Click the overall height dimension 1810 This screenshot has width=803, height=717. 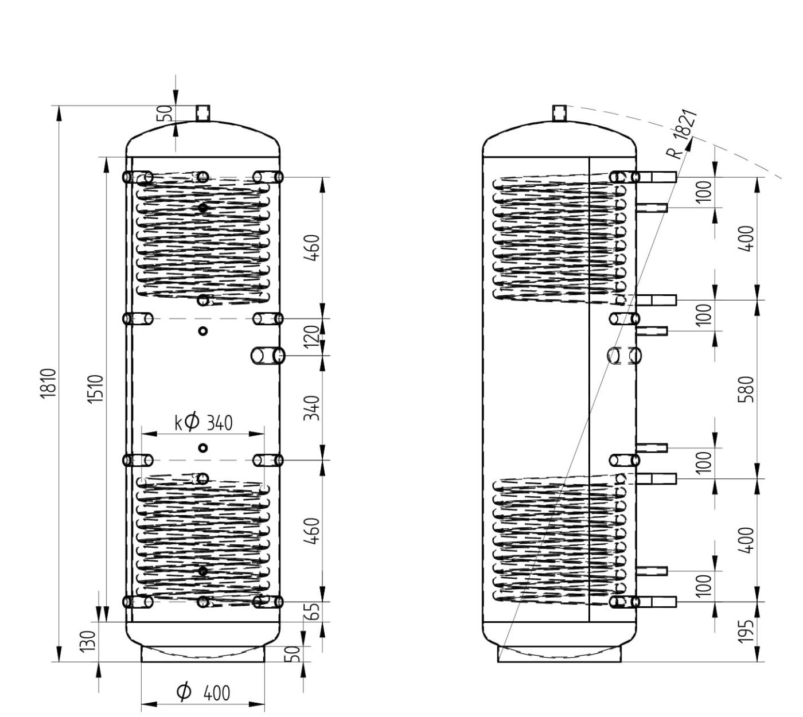[x=48, y=383]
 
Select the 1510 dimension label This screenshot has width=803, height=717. [x=96, y=388]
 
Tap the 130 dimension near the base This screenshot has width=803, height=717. [x=88, y=641]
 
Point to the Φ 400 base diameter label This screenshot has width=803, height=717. [x=203, y=692]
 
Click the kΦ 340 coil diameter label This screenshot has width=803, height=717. [x=204, y=422]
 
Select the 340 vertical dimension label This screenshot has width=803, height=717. [x=311, y=408]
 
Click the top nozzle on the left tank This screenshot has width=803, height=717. [x=203, y=113]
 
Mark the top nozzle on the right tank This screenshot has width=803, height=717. [x=560, y=113]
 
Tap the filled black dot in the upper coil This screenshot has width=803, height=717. [x=203, y=207]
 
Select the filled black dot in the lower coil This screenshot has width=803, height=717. [x=203, y=571]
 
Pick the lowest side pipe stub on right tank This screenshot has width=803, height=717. [x=656, y=602]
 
